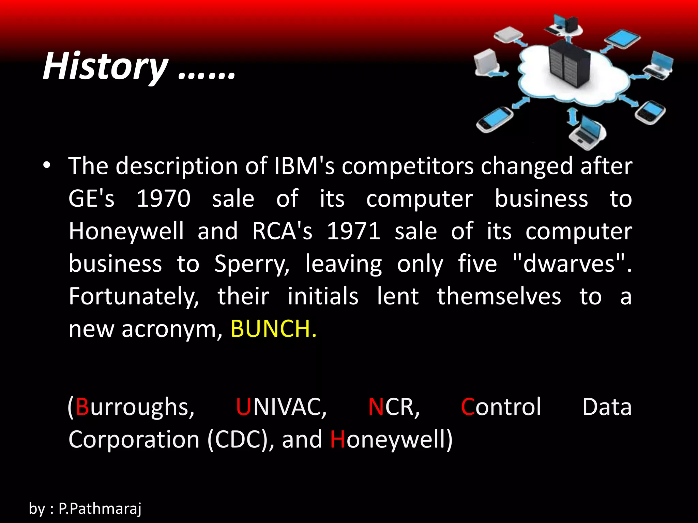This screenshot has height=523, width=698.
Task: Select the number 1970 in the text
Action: (x=163, y=199)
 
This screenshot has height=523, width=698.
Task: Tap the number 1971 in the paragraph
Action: (x=353, y=231)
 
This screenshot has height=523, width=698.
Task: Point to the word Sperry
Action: (x=252, y=264)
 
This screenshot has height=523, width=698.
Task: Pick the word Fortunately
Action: (x=134, y=296)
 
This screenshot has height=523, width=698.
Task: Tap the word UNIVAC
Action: (x=281, y=407)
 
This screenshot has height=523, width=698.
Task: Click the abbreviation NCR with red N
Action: (x=393, y=407)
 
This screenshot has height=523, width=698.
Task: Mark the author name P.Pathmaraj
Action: (x=100, y=509)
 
